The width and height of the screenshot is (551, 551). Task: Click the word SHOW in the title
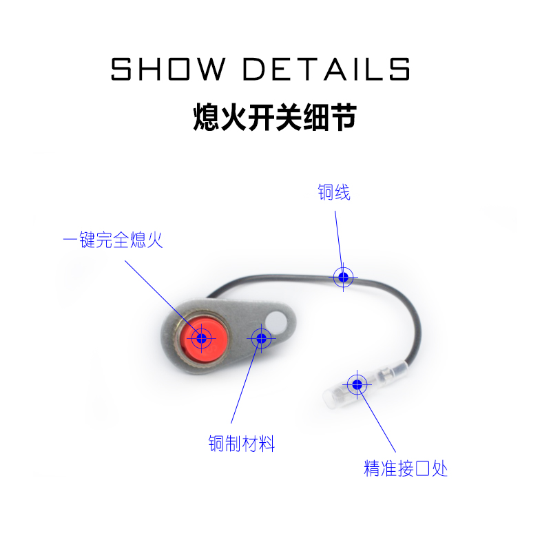[x=169, y=70]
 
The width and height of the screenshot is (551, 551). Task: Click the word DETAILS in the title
[x=327, y=70]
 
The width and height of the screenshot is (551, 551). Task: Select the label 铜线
[x=334, y=192]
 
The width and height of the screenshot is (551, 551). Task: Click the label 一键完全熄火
[x=113, y=241]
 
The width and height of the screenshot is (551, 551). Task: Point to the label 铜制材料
[x=242, y=444]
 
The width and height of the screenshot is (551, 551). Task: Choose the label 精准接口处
[x=406, y=470]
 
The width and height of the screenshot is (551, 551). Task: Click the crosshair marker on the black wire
[x=344, y=277]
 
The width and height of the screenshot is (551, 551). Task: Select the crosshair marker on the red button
[x=201, y=338]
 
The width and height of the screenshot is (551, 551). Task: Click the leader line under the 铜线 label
[x=338, y=238]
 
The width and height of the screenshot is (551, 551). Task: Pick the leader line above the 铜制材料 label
[x=245, y=386]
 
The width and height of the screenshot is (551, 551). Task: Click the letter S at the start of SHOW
[x=121, y=70]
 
